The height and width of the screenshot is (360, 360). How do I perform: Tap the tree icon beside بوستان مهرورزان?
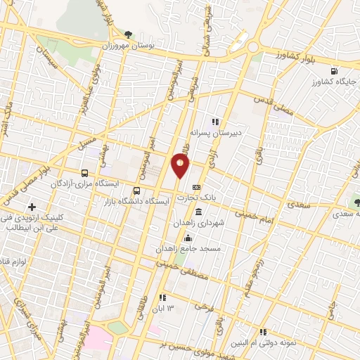click(x=127, y=34)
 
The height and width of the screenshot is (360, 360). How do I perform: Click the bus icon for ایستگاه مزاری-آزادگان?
click(x=85, y=173)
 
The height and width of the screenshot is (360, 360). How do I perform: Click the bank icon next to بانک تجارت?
click(x=196, y=187)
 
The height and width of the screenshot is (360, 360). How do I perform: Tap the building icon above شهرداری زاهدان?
click(x=199, y=212)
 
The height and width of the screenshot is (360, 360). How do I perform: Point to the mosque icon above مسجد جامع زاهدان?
click(x=186, y=238)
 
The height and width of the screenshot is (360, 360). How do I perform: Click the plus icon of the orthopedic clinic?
click(x=32, y=207)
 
